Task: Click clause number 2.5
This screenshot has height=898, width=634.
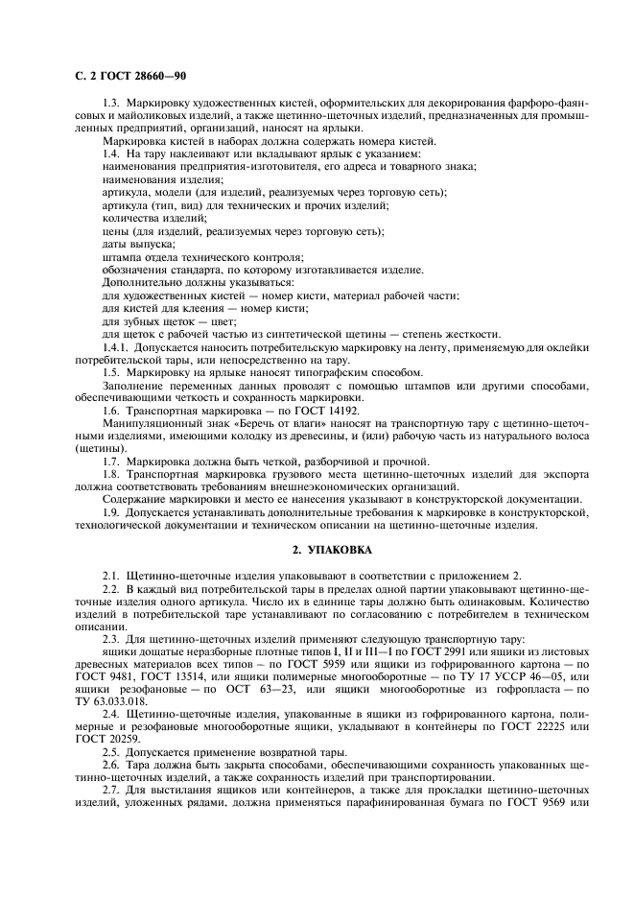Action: pos(111,752)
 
